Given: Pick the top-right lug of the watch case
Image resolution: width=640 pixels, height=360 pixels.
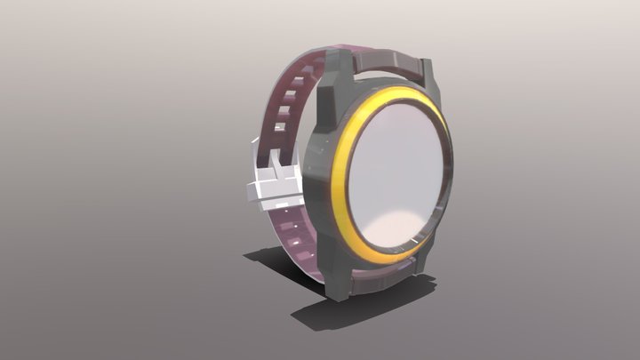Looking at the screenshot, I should [x=427, y=71].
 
